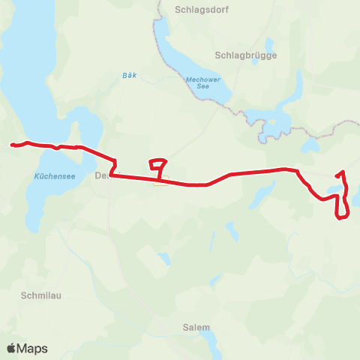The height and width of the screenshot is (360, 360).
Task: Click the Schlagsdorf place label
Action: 201,10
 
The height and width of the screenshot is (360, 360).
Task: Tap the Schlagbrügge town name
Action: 245,55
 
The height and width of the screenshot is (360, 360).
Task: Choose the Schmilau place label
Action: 38,295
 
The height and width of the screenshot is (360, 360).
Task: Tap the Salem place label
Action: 196,328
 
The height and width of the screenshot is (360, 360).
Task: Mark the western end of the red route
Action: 12,145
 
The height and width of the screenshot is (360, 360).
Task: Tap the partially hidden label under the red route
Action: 103,175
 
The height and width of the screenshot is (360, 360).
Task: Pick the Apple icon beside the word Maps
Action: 11,347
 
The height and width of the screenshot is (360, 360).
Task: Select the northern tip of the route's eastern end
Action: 343,173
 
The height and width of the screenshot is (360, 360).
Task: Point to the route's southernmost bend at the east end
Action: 340,218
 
